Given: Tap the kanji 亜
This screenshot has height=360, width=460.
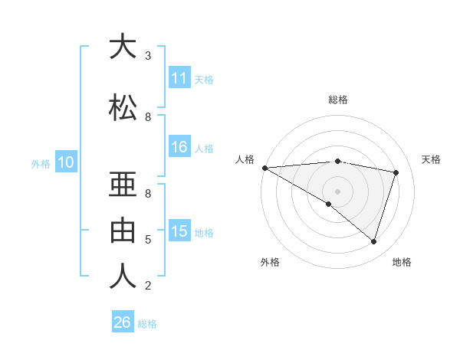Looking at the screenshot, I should (123, 185).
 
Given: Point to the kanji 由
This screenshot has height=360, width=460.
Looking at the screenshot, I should (123, 229).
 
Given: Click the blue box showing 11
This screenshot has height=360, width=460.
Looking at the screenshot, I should (179, 79).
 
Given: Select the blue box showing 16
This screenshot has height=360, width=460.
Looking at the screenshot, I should (179, 148).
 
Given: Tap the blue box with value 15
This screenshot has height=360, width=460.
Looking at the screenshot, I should (179, 232).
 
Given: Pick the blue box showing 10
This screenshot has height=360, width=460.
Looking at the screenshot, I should (65, 162).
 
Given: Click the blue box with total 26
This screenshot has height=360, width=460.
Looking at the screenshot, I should (122, 322).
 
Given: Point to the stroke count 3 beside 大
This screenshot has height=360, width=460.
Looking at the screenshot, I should (148, 56).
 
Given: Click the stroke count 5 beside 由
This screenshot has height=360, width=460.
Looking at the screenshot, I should (148, 240).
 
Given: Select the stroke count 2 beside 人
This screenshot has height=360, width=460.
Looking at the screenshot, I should (148, 286).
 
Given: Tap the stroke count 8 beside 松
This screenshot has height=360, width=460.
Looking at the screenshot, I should (148, 117).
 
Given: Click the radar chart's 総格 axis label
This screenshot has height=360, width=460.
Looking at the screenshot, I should (337, 100).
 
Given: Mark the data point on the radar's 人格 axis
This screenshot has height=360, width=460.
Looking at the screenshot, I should (264, 168).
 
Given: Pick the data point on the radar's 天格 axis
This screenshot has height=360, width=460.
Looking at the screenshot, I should (396, 172).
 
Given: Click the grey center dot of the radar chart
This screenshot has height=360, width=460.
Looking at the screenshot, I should (337, 191).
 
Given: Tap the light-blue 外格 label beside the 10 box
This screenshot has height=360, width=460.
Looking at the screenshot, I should (41, 163).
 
